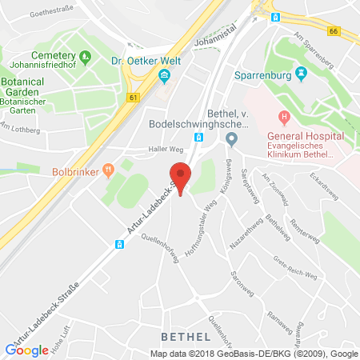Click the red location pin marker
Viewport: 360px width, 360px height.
pos(182,176)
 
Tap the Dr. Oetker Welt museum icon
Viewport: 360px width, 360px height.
pos(165,77)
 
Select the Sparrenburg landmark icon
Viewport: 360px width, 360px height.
pos(301,74)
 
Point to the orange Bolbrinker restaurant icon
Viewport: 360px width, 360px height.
pos(106,168)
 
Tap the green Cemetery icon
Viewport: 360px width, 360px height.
pos(87,57)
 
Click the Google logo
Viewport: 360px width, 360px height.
pos(26,349)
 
